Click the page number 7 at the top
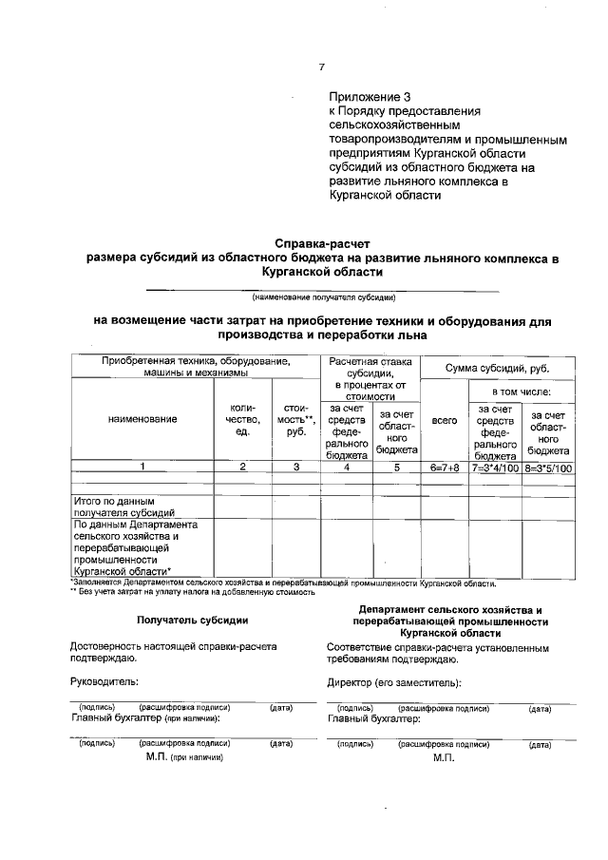(321, 67)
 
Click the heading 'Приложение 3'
(371, 97)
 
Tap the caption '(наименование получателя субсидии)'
(322, 296)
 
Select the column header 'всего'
(445, 418)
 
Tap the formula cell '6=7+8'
(445, 468)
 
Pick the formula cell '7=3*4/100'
(495, 468)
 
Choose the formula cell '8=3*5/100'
(548, 468)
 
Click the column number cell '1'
(142, 468)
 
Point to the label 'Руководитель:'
(105, 682)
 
